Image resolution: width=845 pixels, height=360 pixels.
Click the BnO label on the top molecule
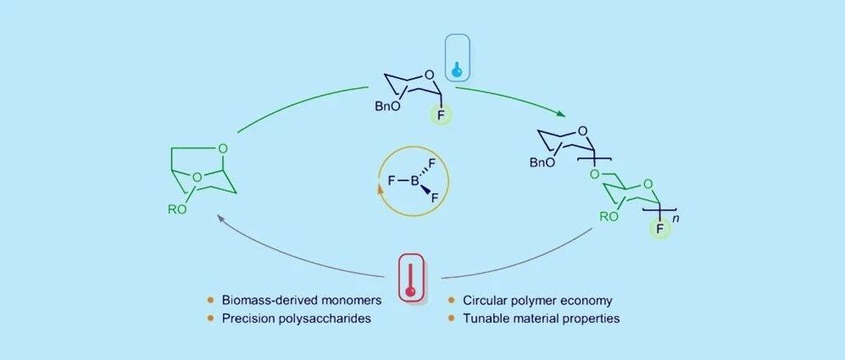(x=387, y=108)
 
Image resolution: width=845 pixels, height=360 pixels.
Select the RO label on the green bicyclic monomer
(x=177, y=209)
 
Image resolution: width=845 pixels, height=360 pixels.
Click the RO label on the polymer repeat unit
(x=609, y=217)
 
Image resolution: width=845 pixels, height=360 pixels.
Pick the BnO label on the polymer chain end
(x=542, y=163)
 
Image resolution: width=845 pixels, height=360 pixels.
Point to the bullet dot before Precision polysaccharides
(x=211, y=318)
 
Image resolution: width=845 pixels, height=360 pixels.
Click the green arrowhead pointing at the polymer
(x=561, y=114)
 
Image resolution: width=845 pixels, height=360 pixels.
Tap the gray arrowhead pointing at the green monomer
(x=220, y=217)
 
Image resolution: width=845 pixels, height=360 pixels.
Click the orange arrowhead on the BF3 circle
(x=381, y=189)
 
